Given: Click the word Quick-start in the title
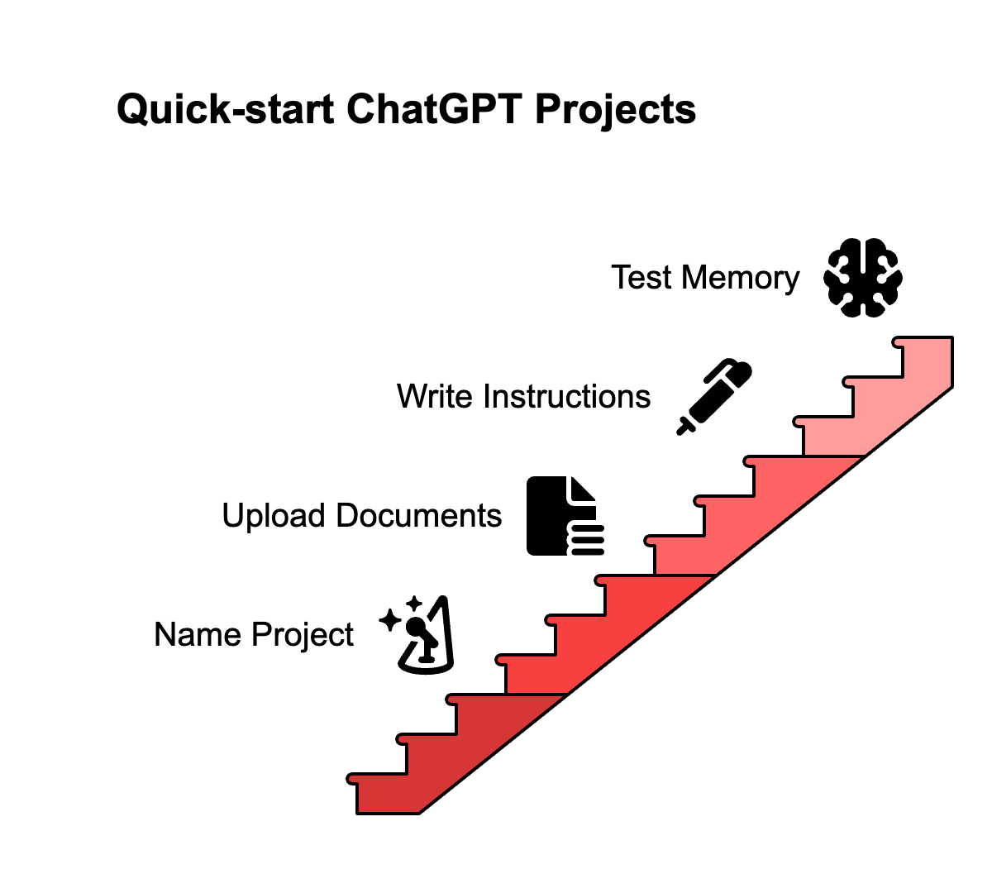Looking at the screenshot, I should [226, 109].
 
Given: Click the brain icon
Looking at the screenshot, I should [863, 278].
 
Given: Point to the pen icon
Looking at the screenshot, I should [713, 396].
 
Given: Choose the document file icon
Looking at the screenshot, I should [565, 515].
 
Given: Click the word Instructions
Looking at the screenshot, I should [567, 397].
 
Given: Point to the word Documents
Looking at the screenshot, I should [419, 516].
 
